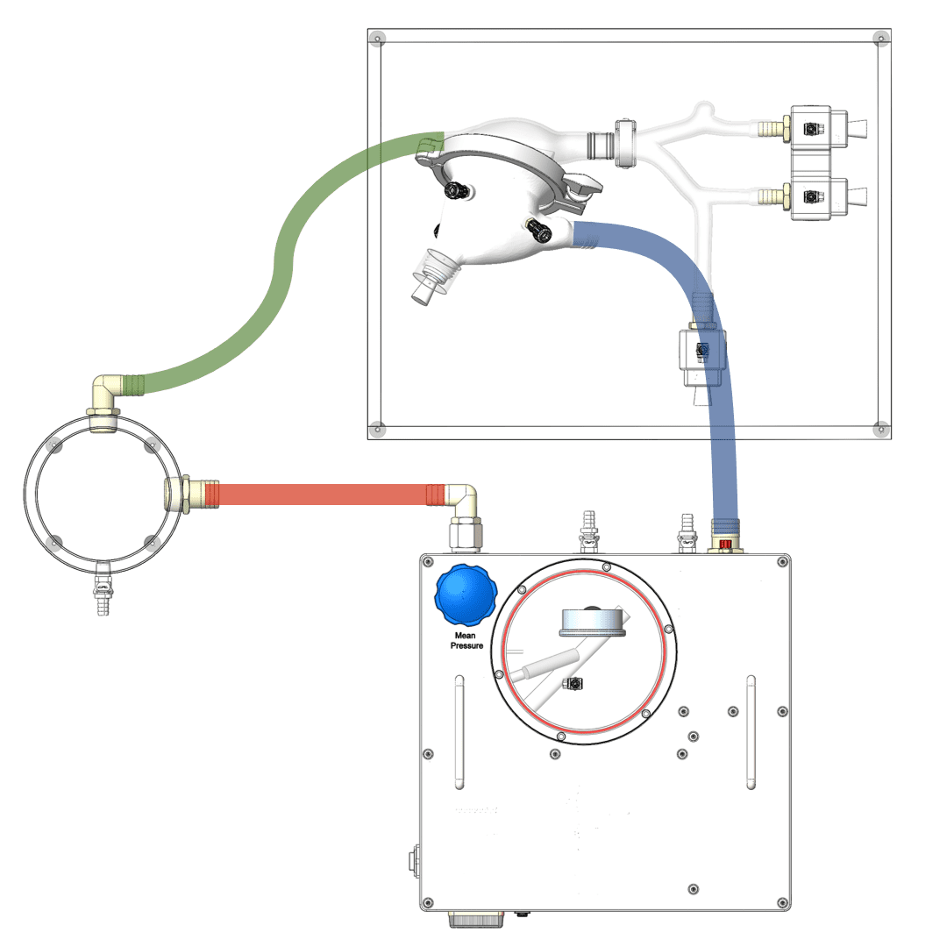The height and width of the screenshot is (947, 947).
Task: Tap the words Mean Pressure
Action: [x=466, y=640]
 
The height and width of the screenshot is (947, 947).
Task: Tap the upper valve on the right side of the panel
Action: [x=819, y=127]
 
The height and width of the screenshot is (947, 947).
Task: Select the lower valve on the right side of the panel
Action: [x=819, y=196]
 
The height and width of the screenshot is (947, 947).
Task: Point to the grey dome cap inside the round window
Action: [x=593, y=622]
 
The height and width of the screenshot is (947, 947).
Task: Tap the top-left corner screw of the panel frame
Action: [x=377, y=39]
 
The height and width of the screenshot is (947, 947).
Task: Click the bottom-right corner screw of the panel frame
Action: [x=881, y=429]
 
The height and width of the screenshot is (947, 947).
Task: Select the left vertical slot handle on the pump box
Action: [x=459, y=732]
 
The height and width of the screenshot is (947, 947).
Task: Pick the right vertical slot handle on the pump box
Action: [x=751, y=732]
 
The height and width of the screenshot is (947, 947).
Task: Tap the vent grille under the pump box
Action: [x=476, y=919]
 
